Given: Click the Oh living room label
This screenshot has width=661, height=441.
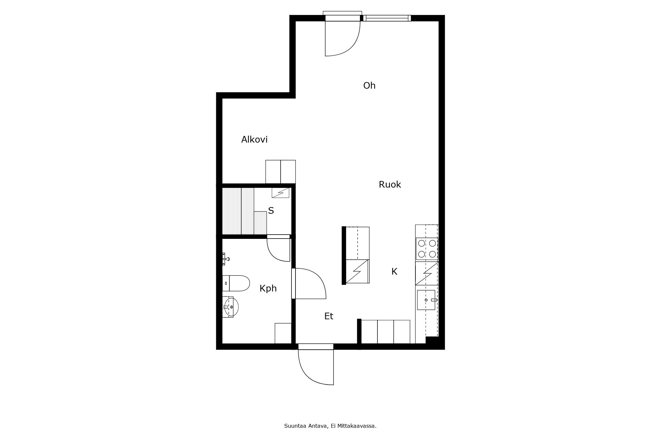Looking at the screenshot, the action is point(369,86).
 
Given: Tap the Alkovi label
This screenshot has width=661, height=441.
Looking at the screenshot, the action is point(254,140).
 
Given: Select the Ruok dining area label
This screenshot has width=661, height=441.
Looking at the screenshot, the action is point(390,185).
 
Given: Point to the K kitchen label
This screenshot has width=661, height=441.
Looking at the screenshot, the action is point(394,272).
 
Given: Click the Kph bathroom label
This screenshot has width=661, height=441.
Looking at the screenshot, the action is point(268,289).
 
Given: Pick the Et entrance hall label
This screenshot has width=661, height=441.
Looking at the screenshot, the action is point(329,316).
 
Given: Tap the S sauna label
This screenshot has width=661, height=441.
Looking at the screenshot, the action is point(271,211).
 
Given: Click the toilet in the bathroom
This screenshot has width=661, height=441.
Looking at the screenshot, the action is point(236,283).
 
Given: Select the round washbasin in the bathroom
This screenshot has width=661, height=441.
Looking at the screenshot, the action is point(231,307).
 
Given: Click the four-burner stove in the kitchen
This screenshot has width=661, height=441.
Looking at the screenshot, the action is point(427,249).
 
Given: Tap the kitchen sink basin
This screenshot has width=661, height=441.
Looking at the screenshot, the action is point(426,300).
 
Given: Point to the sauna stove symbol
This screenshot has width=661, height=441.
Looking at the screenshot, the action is point(280,193).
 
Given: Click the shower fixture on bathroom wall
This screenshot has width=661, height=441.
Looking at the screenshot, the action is point(226,259).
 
